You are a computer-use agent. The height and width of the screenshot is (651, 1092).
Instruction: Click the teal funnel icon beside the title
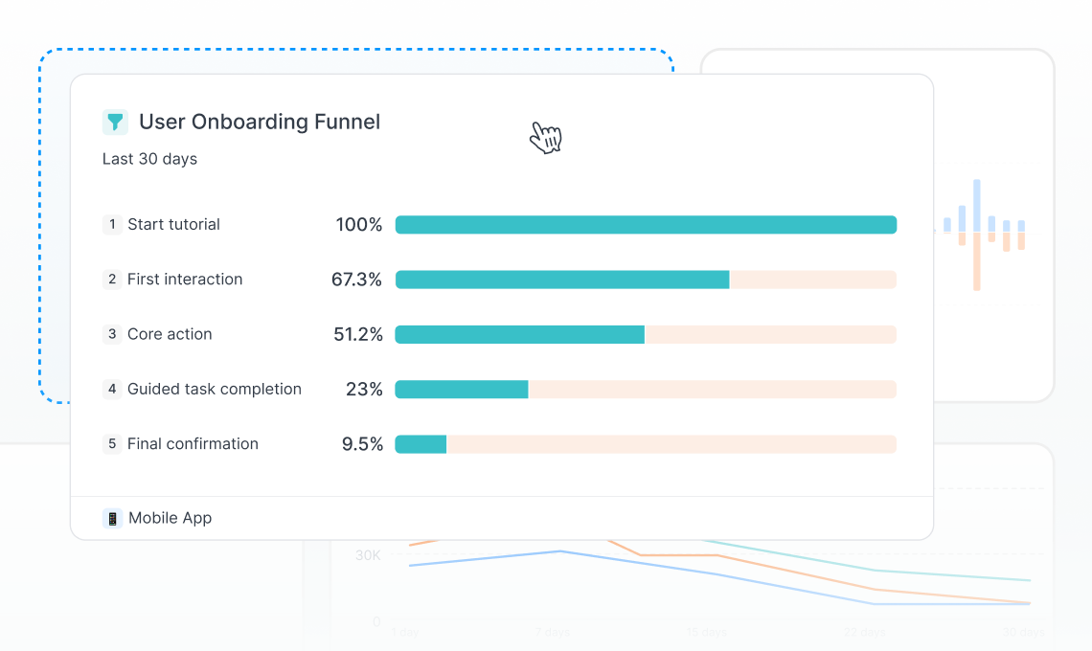(115, 122)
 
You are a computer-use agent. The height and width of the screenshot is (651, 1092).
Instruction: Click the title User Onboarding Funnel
(260, 122)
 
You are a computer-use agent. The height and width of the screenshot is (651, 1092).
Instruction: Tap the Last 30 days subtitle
(149, 159)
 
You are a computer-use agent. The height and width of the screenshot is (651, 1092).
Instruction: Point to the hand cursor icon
(545, 137)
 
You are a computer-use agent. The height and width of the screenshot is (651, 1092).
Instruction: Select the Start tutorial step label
(173, 224)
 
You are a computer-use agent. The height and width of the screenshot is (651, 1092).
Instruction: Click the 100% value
(358, 225)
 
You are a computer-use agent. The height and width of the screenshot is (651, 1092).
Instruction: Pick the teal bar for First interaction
(562, 280)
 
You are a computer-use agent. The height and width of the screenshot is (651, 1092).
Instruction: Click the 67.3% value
(356, 280)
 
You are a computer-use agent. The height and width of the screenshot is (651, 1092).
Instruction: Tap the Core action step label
(170, 334)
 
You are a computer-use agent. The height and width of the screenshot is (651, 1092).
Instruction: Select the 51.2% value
(357, 334)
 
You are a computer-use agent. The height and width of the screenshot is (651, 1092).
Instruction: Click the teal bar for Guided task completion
(462, 389)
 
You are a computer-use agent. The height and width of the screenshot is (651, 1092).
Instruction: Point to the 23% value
(364, 390)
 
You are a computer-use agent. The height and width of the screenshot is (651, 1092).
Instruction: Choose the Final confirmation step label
(193, 444)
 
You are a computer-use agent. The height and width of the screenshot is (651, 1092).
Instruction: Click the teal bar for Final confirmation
(421, 444)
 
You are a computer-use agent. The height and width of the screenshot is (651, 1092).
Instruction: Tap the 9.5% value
(362, 444)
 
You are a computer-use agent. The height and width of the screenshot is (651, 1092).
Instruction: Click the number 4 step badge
(112, 389)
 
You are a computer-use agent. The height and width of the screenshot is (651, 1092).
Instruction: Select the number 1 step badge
(112, 224)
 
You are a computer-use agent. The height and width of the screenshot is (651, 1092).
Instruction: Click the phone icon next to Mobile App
(112, 518)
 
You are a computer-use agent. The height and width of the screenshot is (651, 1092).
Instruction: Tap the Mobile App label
(170, 518)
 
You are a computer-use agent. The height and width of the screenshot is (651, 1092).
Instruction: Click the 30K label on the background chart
(368, 555)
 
